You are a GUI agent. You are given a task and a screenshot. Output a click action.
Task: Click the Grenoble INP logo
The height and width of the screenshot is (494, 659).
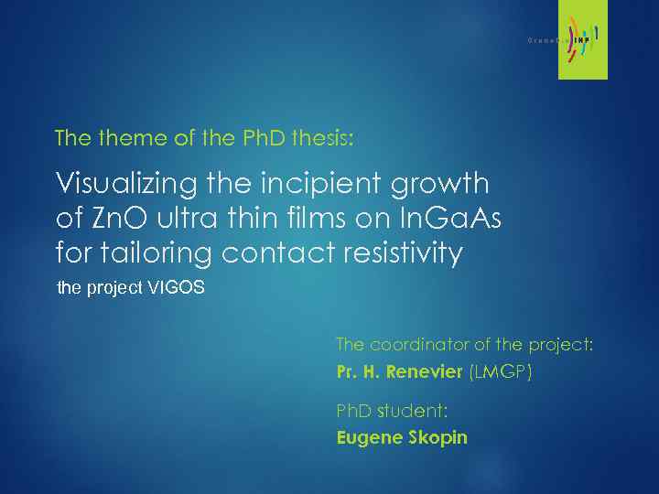[x=567, y=41]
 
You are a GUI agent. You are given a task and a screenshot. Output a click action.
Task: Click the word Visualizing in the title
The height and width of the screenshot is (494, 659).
[x=117, y=184]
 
